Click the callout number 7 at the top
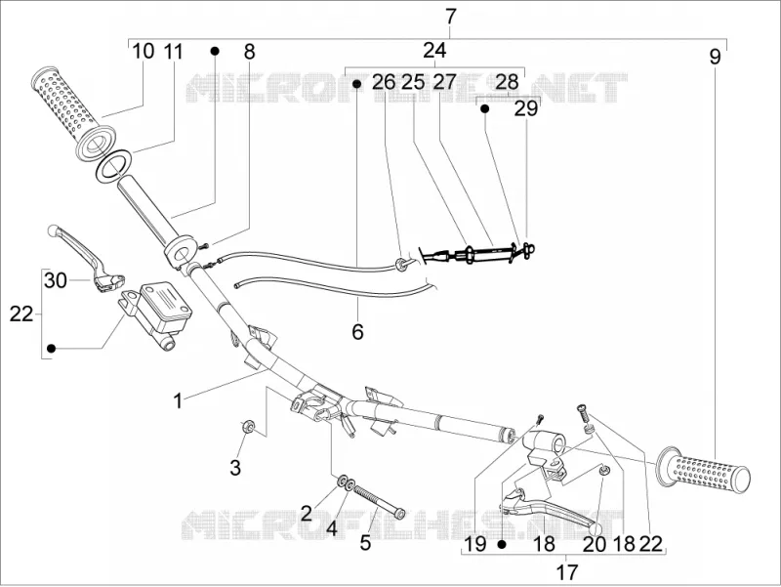coord(450,17)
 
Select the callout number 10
coord(144,52)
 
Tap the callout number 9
coord(715,57)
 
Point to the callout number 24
coord(434,51)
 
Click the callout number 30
coord(56,280)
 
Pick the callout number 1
coord(178,400)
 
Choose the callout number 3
coord(235,468)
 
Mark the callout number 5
coord(365,543)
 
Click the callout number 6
coord(357,331)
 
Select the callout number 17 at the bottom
coord(567,572)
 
